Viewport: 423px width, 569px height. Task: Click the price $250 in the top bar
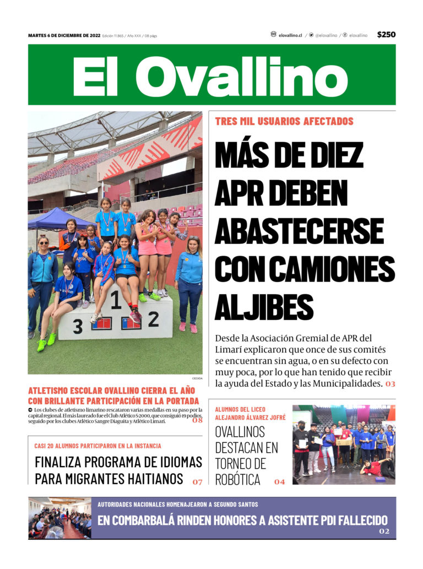(386, 35)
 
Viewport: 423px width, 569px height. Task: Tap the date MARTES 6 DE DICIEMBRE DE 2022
(64, 35)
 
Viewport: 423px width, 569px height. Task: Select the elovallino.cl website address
(290, 35)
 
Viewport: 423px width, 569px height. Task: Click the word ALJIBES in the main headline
(264, 307)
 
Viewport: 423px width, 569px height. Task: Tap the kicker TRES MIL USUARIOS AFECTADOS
(284, 121)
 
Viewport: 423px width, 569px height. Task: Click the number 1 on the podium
(116, 301)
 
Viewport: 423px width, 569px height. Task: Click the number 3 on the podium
(78, 327)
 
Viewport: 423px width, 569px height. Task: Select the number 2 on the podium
(153, 318)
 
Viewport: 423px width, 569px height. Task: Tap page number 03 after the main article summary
(390, 383)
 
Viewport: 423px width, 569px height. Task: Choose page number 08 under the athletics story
(197, 420)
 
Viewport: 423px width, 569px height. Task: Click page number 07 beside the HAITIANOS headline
(197, 482)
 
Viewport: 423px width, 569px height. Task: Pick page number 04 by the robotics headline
(279, 482)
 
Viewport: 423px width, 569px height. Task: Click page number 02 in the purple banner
(384, 532)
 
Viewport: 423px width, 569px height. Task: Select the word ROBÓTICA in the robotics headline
(237, 480)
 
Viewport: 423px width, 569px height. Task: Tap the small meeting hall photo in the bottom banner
(59, 518)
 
